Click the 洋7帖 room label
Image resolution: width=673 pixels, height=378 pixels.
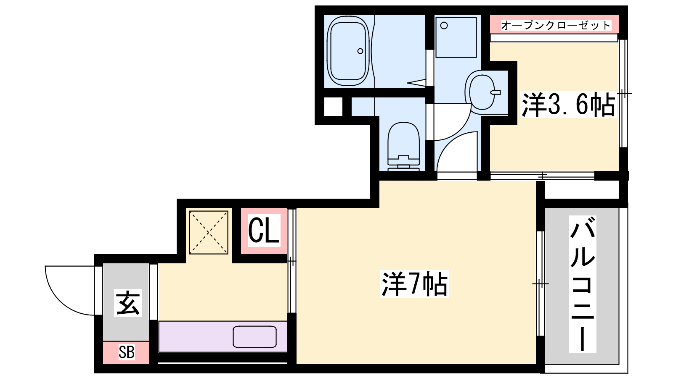point(415,284)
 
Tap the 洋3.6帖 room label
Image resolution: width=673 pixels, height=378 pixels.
point(568,105)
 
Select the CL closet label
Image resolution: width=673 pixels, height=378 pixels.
point(264,231)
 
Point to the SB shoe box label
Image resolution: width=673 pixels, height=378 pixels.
point(127,352)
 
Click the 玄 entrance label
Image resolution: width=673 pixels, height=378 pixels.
point(128,303)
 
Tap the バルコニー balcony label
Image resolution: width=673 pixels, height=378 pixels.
point(583,284)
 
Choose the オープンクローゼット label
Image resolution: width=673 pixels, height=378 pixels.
point(556,25)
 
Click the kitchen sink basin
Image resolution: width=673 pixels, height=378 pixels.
point(254,337)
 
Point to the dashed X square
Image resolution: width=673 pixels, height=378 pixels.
point(209,233)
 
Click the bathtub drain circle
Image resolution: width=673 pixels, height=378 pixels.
point(360,51)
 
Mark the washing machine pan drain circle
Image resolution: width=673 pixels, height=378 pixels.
point(444,26)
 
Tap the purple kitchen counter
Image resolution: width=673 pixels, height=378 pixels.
point(223,336)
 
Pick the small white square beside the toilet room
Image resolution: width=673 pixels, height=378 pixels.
point(333,107)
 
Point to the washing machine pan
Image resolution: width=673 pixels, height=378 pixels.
point(456,37)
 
